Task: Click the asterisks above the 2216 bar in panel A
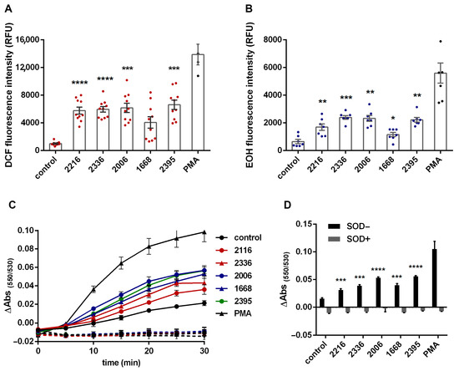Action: coord(78,83)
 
